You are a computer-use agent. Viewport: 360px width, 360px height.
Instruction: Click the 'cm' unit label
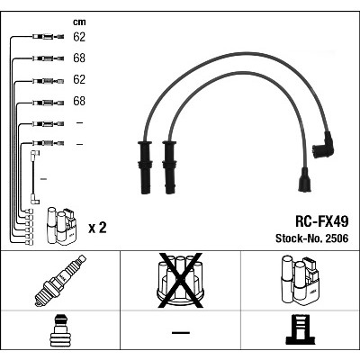79,22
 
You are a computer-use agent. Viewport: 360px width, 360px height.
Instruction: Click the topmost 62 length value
79,37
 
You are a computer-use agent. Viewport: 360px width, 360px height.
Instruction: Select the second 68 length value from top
79,101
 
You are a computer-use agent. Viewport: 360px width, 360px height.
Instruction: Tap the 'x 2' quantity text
97,228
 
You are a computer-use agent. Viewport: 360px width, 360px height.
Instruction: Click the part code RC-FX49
322,221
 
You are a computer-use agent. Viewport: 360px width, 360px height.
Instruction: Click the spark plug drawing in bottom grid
60,281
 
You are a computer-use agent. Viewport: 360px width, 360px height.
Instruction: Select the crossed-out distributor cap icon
181,281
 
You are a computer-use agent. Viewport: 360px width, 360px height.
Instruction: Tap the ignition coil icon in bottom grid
300,281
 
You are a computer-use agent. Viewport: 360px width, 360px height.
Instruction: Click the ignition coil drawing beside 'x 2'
61,227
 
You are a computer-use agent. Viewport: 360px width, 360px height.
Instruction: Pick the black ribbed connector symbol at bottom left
60,330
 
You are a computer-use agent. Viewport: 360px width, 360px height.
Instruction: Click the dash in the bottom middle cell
181,332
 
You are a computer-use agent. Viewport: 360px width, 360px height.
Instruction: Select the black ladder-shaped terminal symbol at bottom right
301,329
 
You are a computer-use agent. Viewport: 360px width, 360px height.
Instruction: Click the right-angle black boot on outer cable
323,145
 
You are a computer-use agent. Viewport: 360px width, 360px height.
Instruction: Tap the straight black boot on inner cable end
304,180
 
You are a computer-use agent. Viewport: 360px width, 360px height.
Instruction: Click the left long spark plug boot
145,167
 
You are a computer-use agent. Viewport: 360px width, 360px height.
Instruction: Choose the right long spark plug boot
169,167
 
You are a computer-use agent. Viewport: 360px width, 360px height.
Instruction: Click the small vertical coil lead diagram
34,177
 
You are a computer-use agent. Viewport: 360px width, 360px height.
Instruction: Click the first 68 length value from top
79,58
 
